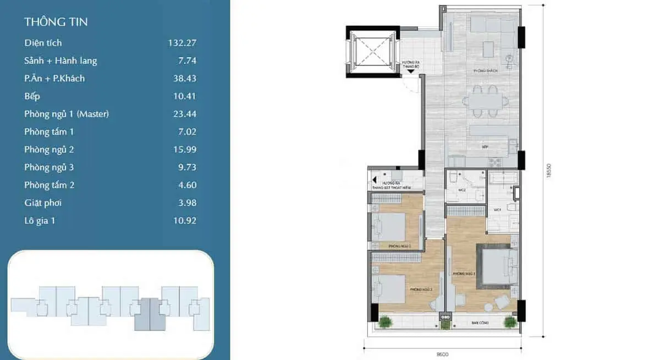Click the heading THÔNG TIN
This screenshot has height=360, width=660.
(x=56, y=22)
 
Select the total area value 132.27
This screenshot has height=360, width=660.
(x=182, y=43)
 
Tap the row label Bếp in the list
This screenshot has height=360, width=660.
(x=32, y=96)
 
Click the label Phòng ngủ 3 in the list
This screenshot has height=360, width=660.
(x=49, y=167)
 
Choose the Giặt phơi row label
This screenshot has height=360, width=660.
(x=43, y=203)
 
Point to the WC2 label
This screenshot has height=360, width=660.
(x=463, y=191)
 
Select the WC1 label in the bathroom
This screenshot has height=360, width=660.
(x=497, y=210)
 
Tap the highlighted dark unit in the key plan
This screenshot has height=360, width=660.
(x=150, y=314)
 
